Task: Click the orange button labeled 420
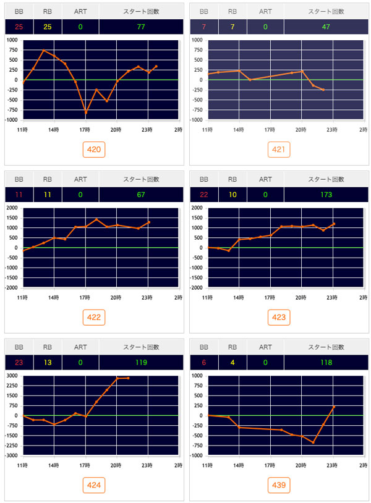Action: [x=95, y=149]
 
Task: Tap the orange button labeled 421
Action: [x=279, y=149]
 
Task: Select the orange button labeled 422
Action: [x=95, y=317]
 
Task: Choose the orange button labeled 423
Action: [x=279, y=317]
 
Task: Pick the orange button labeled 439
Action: [x=279, y=485]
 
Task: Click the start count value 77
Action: [x=141, y=27]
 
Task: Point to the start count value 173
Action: [x=326, y=195]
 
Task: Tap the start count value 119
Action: [x=141, y=363]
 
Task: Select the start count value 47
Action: [x=326, y=27]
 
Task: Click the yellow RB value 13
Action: [x=48, y=363]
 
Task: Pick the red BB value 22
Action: [x=204, y=195]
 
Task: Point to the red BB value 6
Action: [x=204, y=363]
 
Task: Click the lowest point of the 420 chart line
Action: [x=85, y=112]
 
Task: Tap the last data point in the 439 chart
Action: [x=333, y=407]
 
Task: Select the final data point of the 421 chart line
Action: [x=323, y=90]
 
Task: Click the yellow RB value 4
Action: [x=232, y=363]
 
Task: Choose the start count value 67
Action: [x=141, y=195]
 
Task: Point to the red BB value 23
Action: [x=19, y=363]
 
